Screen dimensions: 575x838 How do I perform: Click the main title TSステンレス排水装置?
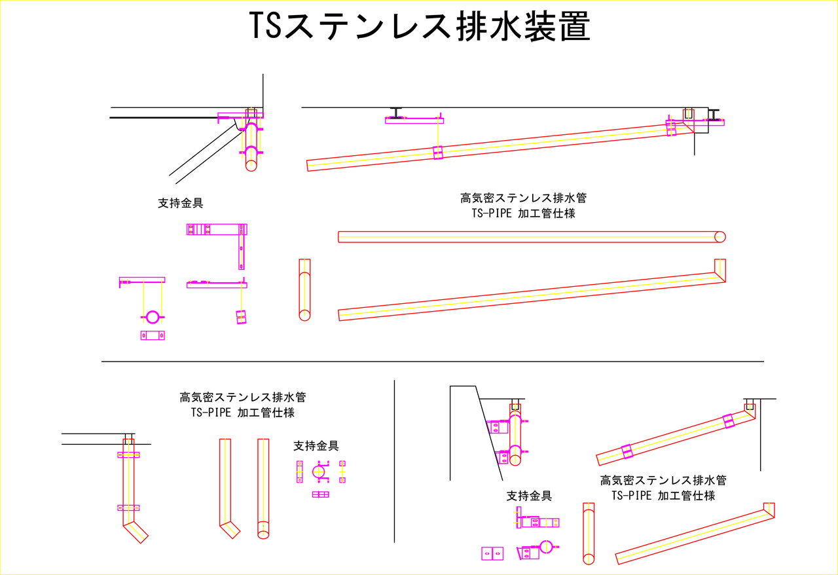click(419, 28)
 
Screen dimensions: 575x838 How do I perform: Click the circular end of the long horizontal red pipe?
click(720, 236)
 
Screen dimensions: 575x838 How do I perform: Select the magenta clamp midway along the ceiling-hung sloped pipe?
click(437, 153)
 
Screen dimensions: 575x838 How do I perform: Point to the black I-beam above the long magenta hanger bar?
click(397, 112)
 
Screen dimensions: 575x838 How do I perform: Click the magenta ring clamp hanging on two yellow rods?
click(152, 317)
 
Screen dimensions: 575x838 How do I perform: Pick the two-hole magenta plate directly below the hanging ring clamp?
click(153, 335)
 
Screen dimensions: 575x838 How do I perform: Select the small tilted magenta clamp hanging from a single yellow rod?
click(241, 317)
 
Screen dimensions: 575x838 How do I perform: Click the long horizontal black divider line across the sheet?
click(432, 362)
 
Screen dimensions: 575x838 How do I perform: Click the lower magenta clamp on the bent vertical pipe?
click(129, 508)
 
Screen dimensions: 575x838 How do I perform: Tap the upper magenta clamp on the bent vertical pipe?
click(129, 454)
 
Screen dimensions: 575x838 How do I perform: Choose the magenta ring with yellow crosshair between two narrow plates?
click(319, 472)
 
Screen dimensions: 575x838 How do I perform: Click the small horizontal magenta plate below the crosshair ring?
click(320, 494)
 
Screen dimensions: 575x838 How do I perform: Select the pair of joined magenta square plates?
click(492, 553)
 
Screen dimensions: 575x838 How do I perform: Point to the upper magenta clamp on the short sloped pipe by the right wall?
click(728, 421)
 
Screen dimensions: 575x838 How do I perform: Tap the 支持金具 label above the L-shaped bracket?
click(181, 203)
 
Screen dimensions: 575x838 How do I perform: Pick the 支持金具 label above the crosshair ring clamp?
click(316, 446)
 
